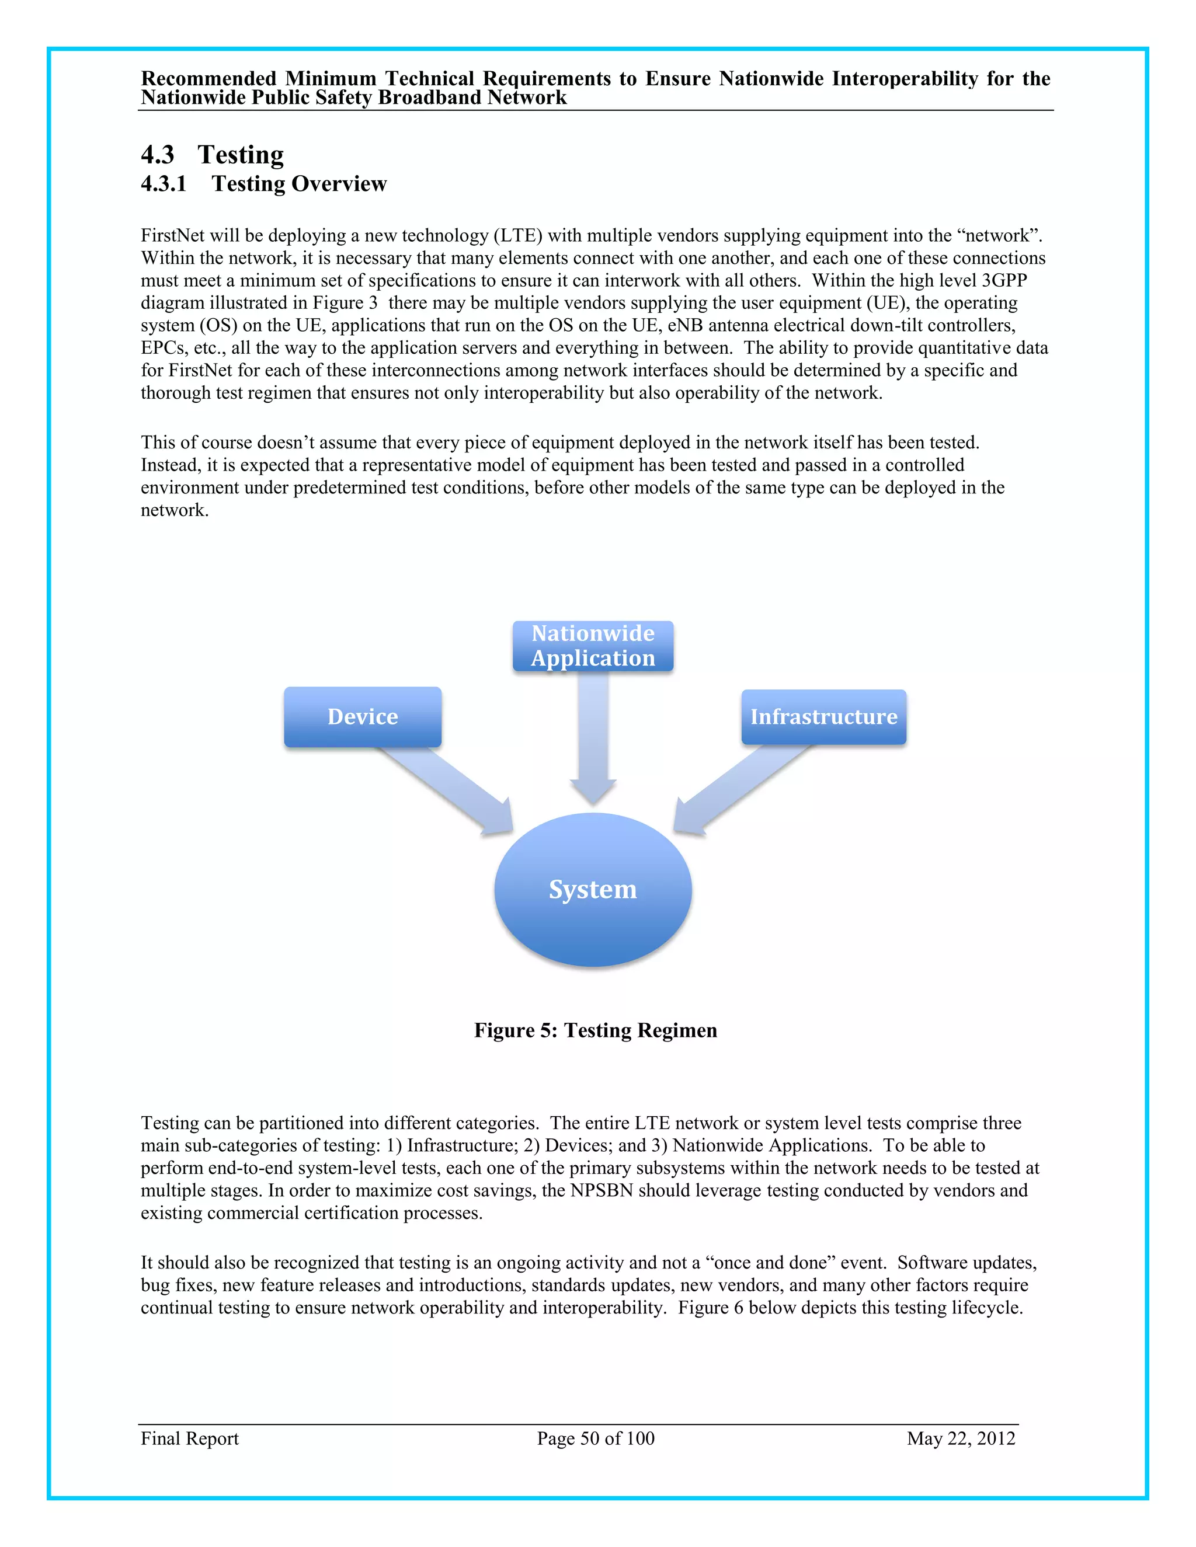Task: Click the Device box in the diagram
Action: tap(362, 716)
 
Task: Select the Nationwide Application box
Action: tap(593, 645)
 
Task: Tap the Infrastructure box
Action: tap(823, 716)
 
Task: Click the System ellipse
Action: tap(593, 889)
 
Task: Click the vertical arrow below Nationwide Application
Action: tap(593, 737)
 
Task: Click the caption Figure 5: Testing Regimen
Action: tap(595, 1030)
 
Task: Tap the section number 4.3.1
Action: tap(164, 184)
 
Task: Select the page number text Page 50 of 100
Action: tap(595, 1438)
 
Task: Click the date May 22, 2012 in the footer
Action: tap(961, 1438)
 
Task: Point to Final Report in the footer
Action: tap(190, 1438)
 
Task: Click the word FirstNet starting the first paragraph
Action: tap(172, 235)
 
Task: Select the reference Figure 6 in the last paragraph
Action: tap(710, 1307)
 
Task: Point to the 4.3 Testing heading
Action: tap(213, 155)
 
